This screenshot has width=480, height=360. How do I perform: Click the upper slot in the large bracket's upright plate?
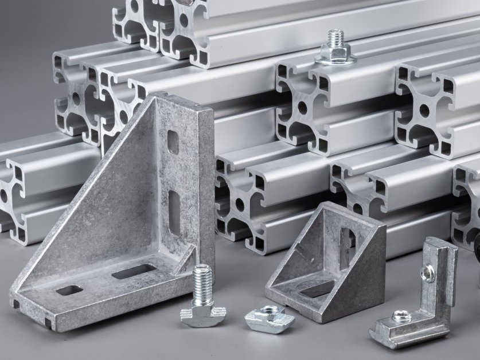pos(173,142)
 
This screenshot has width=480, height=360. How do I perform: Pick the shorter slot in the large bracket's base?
pos(68,289)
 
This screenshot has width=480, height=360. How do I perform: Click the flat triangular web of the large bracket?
pos(115,206)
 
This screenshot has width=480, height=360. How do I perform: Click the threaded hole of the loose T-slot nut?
pos(267,316)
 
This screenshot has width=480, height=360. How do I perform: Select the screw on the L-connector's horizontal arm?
pos(400,315)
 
